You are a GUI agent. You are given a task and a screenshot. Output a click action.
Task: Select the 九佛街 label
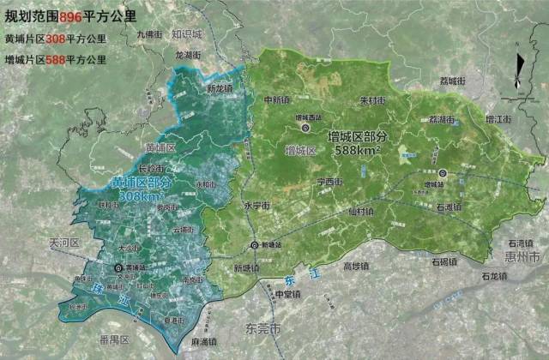pos(149,34)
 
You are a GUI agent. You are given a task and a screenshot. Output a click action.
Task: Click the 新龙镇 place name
pos(220,88)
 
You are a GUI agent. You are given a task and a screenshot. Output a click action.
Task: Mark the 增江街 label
pos(498,118)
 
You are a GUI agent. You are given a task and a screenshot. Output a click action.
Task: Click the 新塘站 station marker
pos(255,245)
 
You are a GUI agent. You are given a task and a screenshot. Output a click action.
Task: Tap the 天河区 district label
pos(64,243)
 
